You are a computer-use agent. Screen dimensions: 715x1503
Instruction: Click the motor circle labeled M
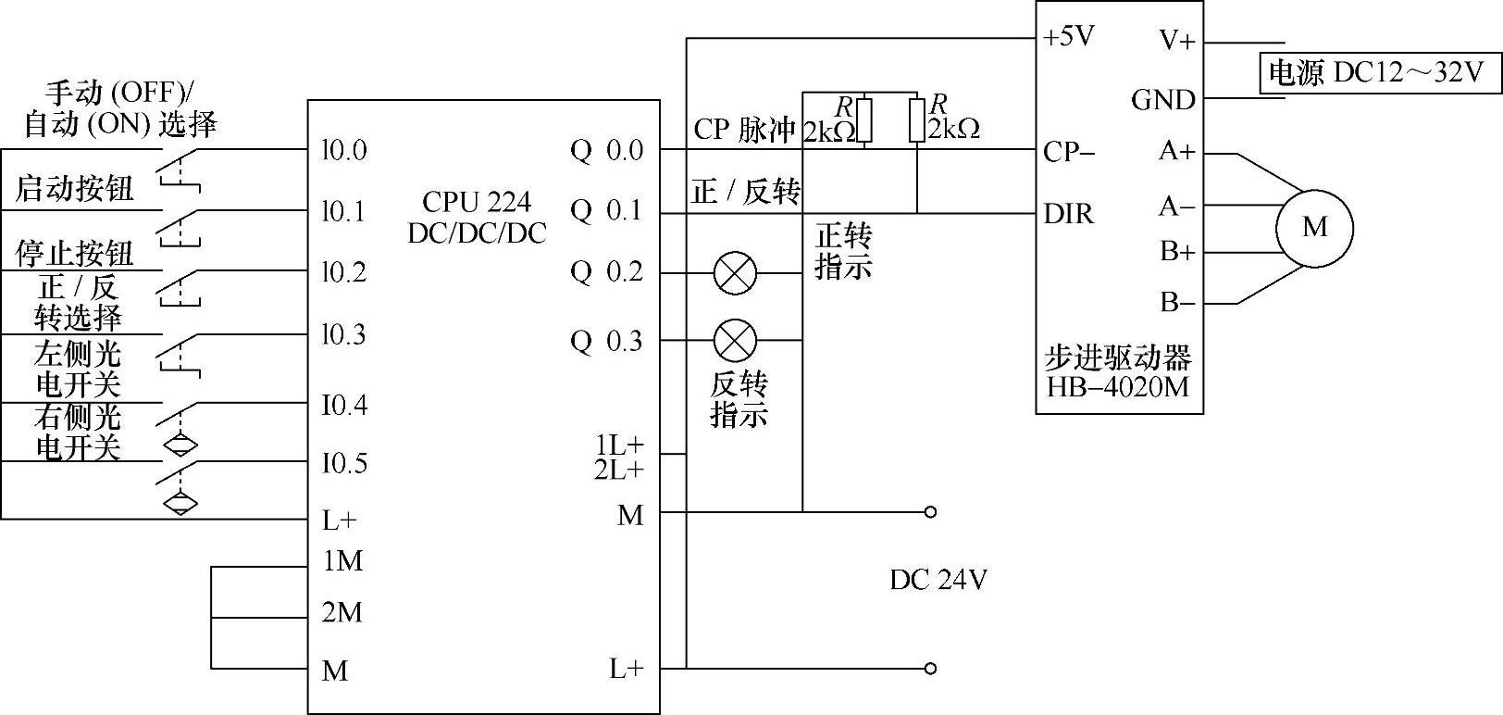tap(1314, 228)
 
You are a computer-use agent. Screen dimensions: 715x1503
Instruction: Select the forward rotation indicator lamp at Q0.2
tap(736, 273)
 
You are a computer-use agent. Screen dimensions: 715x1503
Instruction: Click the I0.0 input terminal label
tap(344, 150)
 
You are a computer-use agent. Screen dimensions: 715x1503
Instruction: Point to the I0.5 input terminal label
tap(344, 463)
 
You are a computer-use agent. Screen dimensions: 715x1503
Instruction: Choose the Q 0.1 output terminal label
tap(606, 211)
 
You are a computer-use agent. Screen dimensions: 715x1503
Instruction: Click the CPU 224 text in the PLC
tap(477, 202)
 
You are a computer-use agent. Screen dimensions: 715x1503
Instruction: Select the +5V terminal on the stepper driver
tap(1069, 37)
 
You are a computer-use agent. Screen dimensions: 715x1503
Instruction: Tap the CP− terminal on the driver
tap(1069, 152)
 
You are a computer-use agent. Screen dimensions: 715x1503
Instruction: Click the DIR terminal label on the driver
tap(1069, 214)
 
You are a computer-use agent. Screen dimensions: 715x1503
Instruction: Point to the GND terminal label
tap(1163, 100)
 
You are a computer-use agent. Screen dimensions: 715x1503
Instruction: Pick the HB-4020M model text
tap(1118, 385)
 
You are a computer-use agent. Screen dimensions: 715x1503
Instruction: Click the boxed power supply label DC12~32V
tap(1378, 72)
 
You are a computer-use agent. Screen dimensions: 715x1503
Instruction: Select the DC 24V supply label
tap(938, 580)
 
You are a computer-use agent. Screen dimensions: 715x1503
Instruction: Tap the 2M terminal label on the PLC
tap(342, 613)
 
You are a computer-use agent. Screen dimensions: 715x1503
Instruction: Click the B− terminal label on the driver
tap(1177, 303)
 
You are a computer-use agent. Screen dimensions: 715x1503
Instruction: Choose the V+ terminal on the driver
tap(1177, 41)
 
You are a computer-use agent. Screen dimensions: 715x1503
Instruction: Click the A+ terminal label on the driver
tap(1177, 152)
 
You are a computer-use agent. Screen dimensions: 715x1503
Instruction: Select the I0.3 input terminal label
tap(344, 334)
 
